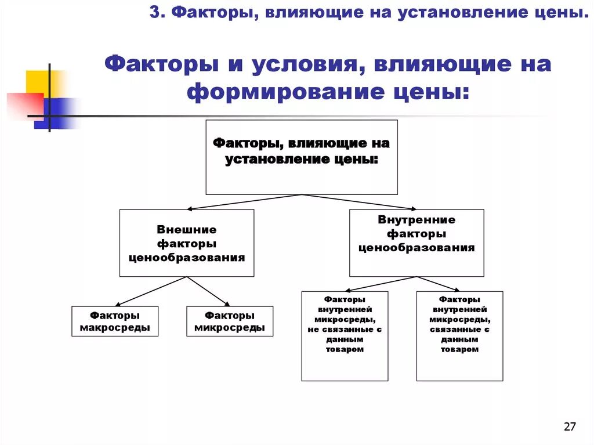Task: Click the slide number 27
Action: pyautogui.click(x=570, y=427)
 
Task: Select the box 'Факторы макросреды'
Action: pyautogui.click(x=115, y=321)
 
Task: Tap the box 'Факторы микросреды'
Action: pyautogui.click(x=230, y=321)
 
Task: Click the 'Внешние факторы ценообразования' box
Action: pyautogui.click(x=187, y=243)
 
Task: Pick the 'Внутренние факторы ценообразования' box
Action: pyautogui.click(x=416, y=243)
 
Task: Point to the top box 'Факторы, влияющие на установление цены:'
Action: pyautogui.click(x=302, y=157)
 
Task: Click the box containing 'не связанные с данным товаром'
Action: pyautogui.click(x=345, y=336)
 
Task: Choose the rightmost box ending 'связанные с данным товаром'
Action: pyautogui.click(x=459, y=336)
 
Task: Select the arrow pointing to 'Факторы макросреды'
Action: pyautogui.click(x=151, y=291)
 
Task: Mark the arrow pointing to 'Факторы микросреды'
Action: pyautogui.click(x=208, y=291)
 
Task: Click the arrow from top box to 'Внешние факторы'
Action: pyautogui.click(x=244, y=202)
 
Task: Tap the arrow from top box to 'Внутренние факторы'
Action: pyautogui.click(x=360, y=202)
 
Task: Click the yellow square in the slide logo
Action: pyautogui.click(x=38, y=81)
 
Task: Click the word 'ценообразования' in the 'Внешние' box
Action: pyautogui.click(x=187, y=257)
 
